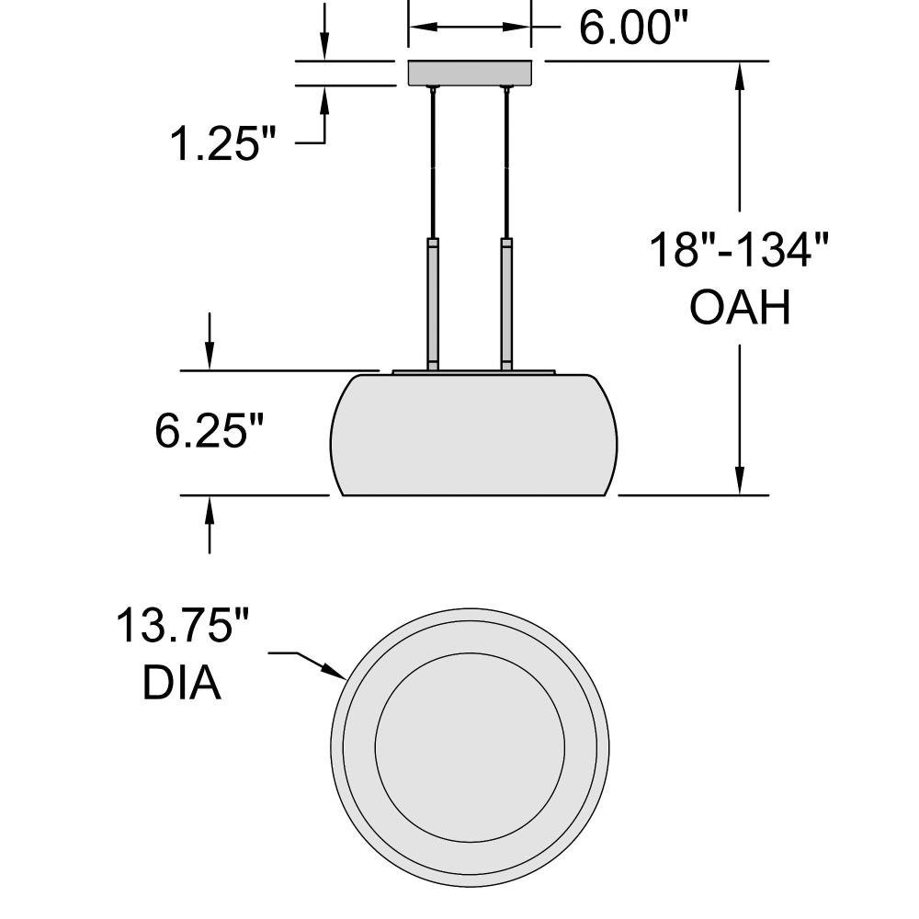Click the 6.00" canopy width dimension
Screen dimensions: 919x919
pos(633,28)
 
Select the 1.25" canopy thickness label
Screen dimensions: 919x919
pos(222,143)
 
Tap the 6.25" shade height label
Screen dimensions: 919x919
pos(209,430)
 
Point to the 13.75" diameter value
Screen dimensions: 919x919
pos(182,625)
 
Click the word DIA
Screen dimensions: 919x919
pos(182,683)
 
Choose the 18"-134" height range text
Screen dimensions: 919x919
pos(739,250)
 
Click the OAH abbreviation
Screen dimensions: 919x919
pos(740,307)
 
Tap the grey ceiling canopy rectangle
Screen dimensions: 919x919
pos(470,73)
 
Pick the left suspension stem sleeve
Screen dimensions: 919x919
pos(433,303)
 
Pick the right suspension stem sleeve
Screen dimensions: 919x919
pos(506,303)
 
